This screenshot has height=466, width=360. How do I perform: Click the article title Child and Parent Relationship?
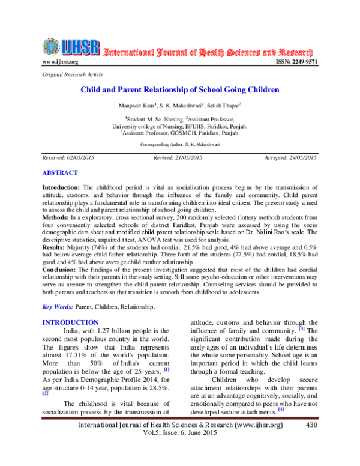coord(180,90)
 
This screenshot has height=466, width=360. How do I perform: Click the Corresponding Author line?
coord(180,145)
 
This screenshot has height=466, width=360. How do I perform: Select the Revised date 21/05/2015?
coord(180,157)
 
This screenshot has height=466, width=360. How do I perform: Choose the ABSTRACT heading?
coord(60,172)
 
